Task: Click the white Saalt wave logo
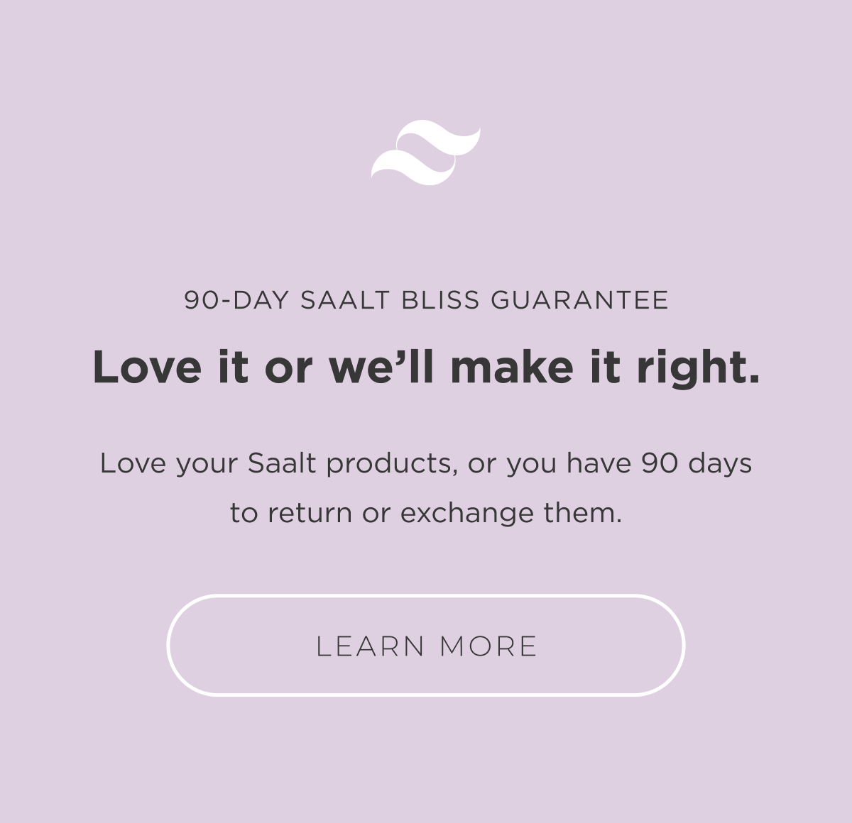point(425,153)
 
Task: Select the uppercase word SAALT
point(345,300)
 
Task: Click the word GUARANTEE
point(579,300)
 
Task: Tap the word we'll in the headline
point(381,368)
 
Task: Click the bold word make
point(511,368)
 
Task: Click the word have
point(599,463)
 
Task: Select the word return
point(310,513)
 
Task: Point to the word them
point(582,512)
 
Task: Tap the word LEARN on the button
point(371,646)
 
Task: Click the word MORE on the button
point(488,646)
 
